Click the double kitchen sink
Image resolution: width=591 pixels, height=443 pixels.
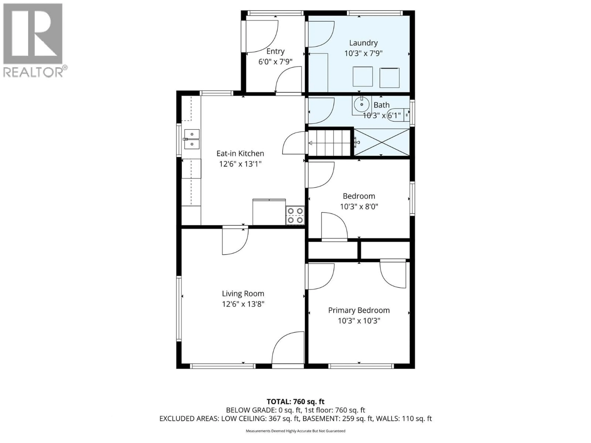coord(192,139)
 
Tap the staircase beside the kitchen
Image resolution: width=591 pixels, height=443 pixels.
coord(329,143)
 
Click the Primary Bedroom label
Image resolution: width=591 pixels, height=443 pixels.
coord(359,310)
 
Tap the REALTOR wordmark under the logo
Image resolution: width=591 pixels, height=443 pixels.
coord(33,72)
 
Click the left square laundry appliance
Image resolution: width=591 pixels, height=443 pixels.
coord(363,77)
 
